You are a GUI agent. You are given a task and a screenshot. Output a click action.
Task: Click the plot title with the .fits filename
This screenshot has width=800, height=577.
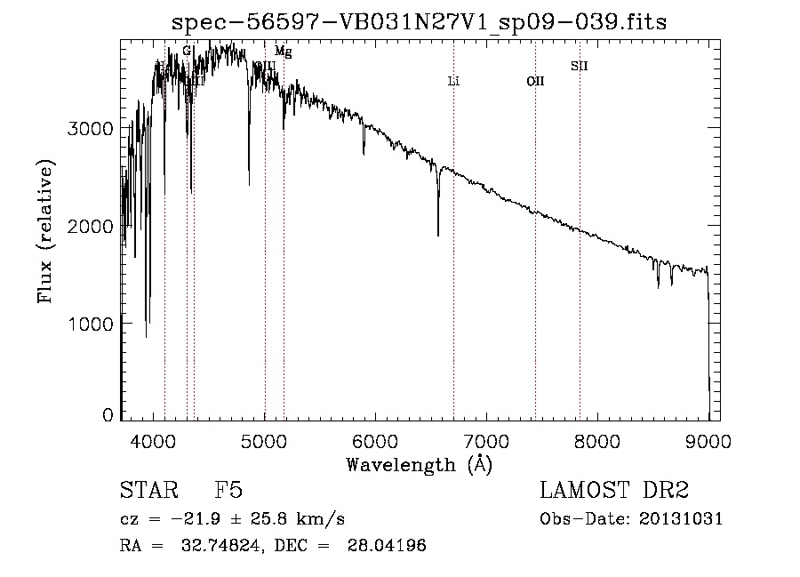click(x=419, y=20)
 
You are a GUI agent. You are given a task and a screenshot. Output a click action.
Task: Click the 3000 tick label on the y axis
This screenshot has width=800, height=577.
click(x=91, y=129)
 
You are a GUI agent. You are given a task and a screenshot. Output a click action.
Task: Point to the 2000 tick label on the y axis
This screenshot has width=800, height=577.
click(x=91, y=227)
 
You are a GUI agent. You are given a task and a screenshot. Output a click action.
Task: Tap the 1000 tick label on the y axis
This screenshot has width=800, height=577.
click(x=91, y=324)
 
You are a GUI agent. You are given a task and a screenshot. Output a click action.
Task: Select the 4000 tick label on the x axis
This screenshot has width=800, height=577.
click(x=154, y=440)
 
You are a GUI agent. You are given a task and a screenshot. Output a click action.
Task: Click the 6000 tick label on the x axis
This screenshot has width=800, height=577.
click(x=376, y=440)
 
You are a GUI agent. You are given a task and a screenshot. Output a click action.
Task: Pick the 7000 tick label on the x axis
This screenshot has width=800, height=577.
click(x=487, y=440)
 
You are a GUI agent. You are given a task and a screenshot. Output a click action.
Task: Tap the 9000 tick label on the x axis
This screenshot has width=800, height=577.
click(x=708, y=440)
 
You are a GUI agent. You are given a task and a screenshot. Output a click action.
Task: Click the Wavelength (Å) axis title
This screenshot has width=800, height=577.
click(x=419, y=463)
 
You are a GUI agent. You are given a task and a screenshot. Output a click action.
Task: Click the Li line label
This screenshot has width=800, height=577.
click(x=453, y=82)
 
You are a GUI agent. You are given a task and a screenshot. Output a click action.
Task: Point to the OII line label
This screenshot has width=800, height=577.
click(x=535, y=82)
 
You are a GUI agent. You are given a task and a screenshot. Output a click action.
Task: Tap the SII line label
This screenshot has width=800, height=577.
click(x=579, y=66)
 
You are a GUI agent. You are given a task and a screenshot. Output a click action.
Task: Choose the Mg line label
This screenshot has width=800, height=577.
click(x=283, y=52)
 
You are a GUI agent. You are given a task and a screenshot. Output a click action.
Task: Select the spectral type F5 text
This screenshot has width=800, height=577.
click(x=228, y=491)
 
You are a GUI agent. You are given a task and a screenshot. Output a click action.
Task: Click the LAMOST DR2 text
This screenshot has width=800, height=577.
click(x=614, y=491)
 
